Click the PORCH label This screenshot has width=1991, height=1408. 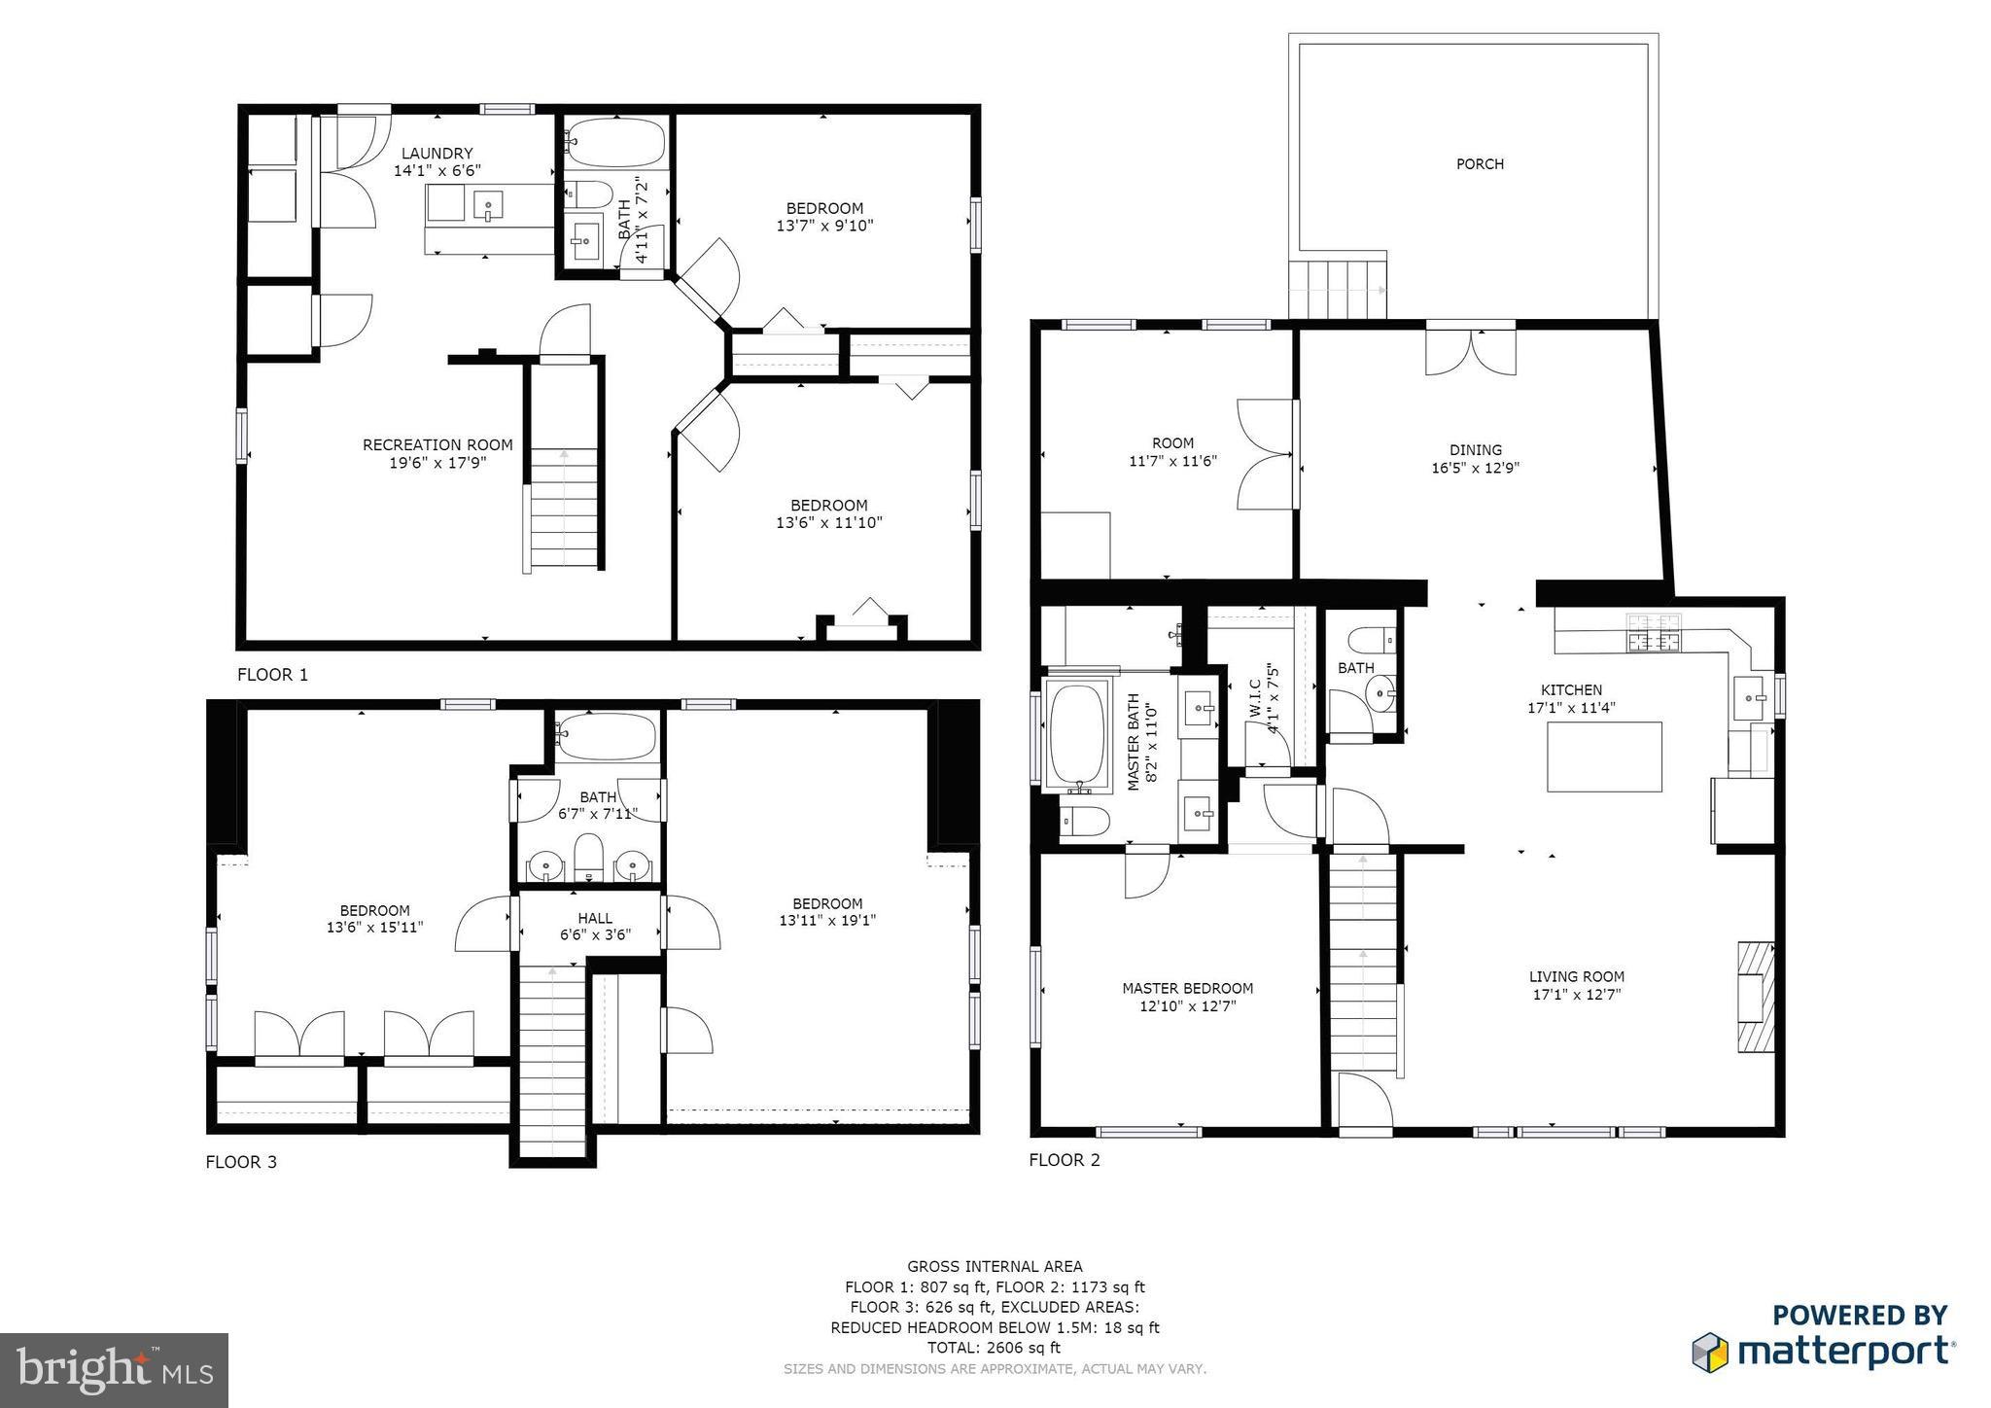pyautogui.click(x=1480, y=164)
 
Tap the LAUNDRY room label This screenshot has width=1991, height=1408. pyautogui.click(x=437, y=153)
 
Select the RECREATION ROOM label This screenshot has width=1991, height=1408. pyautogui.click(x=437, y=445)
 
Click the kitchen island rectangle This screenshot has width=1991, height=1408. pyautogui.click(x=1604, y=757)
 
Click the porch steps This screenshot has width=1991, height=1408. pyautogui.click(x=1338, y=290)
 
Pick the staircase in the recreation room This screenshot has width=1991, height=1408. pyautogui.click(x=564, y=510)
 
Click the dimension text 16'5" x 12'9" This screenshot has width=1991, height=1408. pyautogui.click(x=1475, y=468)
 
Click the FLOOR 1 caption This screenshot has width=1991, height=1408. pyautogui.click(x=272, y=675)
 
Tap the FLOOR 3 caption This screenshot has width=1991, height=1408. pyautogui.click(x=241, y=1162)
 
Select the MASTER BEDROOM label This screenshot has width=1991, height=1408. pyautogui.click(x=1187, y=989)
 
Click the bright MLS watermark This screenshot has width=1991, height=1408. pyautogui.click(x=115, y=1370)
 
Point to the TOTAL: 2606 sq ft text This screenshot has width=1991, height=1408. pyautogui.click(x=995, y=1348)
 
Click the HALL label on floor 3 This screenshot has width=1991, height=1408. pyautogui.click(x=595, y=918)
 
